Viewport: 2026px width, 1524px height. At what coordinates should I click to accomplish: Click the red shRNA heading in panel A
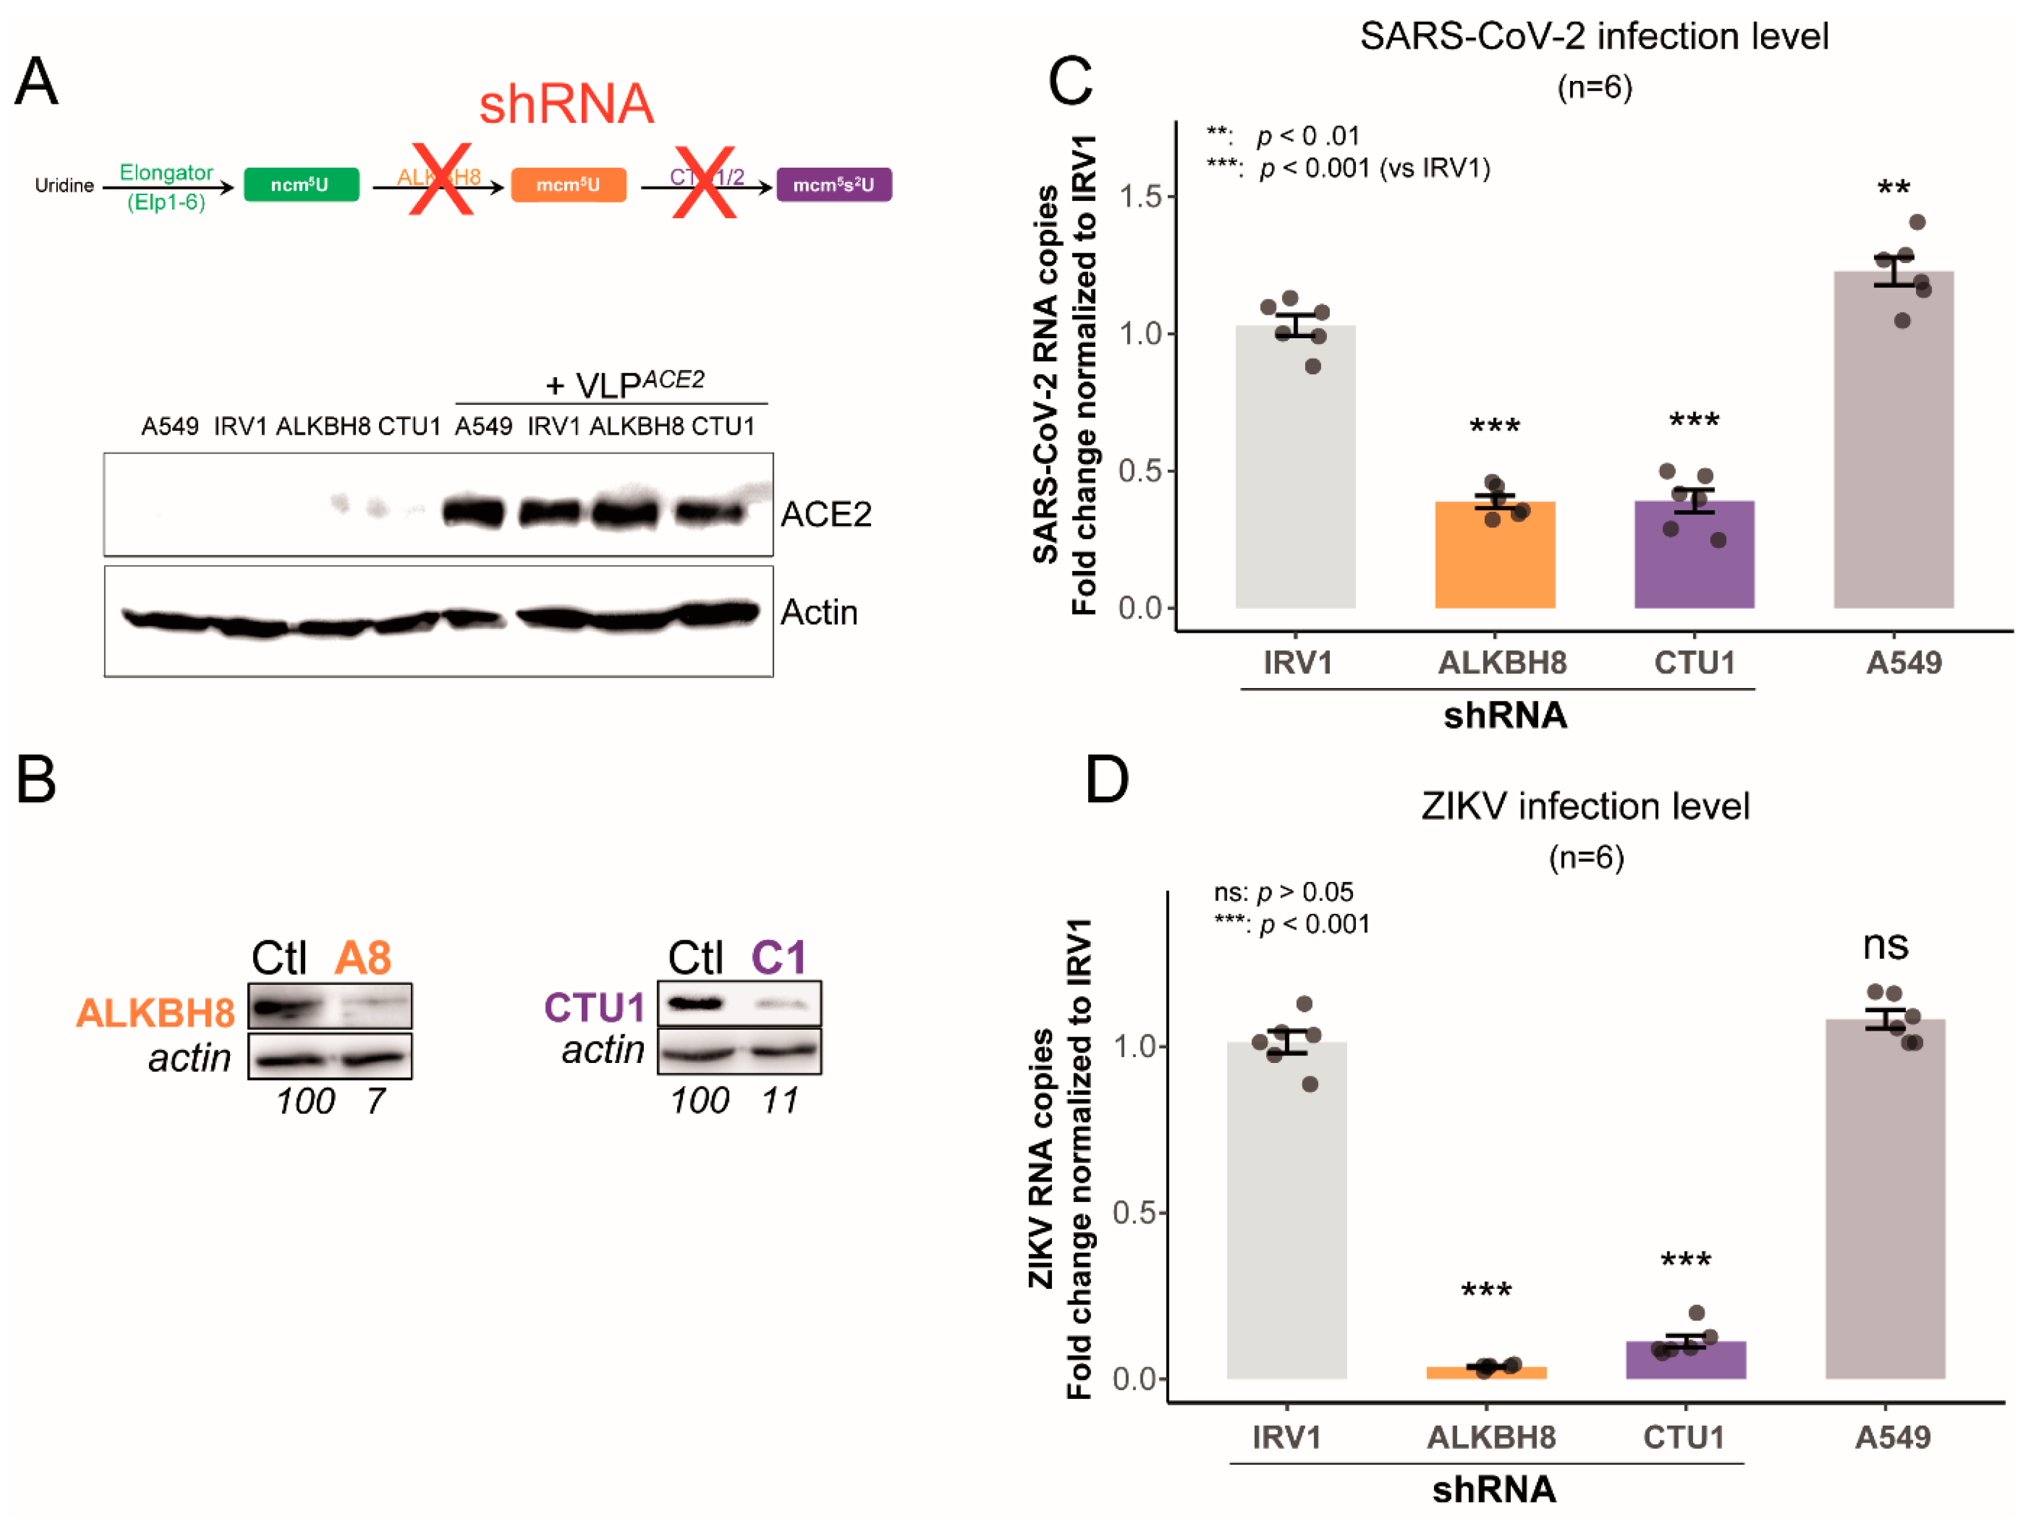[566, 104]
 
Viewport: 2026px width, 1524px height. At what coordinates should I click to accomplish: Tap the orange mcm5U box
[568, 185]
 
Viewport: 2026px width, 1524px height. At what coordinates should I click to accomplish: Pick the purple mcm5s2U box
[834, 185]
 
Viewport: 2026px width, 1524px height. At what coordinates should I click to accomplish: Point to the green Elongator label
[166, 172]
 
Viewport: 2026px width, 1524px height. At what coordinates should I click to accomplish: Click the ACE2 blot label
[825, 515]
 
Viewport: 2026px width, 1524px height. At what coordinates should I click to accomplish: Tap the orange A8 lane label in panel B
[363, 959]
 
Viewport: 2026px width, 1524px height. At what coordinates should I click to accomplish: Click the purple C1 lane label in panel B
[778, 959]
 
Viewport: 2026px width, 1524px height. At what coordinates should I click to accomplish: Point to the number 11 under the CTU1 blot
[780, 1100]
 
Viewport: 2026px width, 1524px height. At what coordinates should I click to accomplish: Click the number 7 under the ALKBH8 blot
[376, 1101]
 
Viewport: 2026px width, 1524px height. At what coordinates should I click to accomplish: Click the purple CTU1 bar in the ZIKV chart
[1685, 1360]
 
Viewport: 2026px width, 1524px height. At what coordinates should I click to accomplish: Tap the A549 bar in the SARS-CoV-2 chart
[1893, 440]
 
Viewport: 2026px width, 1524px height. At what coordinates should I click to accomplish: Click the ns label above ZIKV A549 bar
[1885, 945]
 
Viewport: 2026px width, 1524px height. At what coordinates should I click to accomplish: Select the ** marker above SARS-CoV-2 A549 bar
[1893, 189]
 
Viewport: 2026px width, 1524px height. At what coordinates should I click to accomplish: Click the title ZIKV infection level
[1585, 806]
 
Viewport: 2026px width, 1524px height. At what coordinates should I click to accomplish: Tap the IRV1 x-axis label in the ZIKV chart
[1286, 1437]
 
